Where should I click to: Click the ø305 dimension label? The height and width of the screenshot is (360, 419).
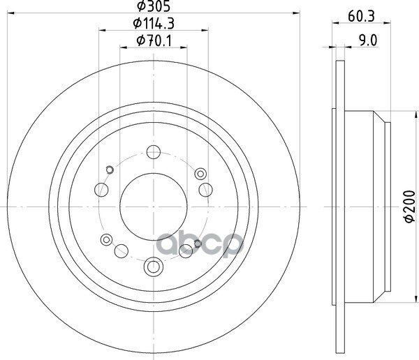click(x=154, y=6)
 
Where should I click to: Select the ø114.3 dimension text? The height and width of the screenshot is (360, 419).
click(x=154, y=24)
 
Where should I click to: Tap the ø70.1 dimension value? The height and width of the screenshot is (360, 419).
click(x=154, y=41)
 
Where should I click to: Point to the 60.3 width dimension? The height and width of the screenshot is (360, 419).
click(x=361, y=16)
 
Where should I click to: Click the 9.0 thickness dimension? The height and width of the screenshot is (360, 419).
click(x=368, y=40)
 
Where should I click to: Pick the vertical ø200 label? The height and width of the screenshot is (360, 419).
click(x=410, y=207)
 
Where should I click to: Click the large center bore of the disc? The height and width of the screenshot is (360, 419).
click(x=154, y=207)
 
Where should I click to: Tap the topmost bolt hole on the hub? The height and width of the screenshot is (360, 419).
click(x=154, y=152)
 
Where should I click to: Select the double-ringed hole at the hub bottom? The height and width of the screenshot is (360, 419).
click(x=154, y=267)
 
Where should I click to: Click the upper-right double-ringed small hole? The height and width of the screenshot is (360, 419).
click(x=200, y=174)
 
